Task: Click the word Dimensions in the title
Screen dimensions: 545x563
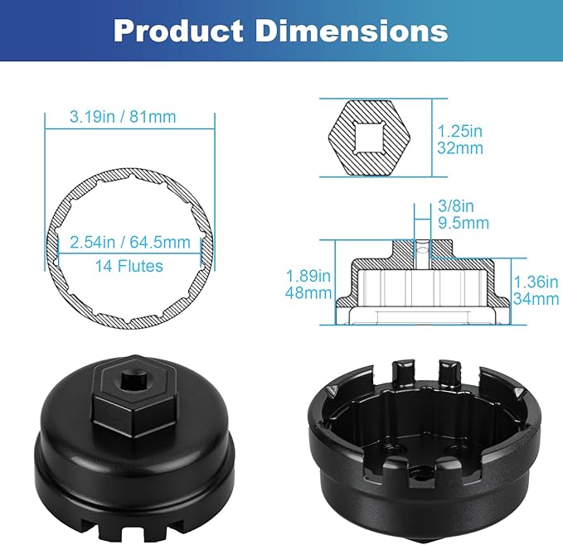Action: click(351, 30)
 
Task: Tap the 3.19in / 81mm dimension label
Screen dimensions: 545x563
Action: click(110, 117)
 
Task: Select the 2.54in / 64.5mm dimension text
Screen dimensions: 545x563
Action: click(129, 243)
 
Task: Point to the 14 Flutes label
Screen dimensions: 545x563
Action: click(129, 266)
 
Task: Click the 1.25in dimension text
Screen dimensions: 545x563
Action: click(460, 131)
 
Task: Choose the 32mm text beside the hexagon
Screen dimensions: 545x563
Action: click(459, 149)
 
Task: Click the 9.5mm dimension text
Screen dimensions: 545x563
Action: click(462, 223)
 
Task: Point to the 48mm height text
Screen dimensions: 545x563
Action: click(303, 293)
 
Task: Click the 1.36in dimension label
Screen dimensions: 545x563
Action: click(536, 282)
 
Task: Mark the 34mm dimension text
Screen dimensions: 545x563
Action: click(536, 298)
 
